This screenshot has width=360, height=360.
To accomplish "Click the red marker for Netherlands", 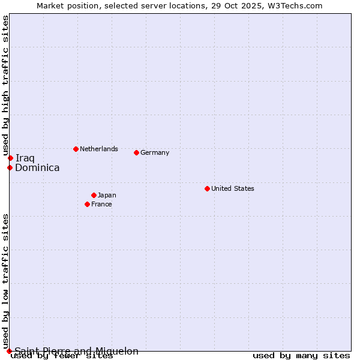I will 76,149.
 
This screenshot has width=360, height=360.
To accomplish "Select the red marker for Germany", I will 136,152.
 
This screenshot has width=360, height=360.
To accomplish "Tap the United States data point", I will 207,188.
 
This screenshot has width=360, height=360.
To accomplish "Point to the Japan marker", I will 94,195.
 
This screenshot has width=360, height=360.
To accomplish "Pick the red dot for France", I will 87,204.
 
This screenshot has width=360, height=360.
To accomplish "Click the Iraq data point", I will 10,158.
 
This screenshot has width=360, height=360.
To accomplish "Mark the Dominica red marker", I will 10,167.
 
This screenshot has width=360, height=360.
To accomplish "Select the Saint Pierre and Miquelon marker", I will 9,351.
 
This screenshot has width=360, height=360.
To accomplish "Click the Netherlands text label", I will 98,149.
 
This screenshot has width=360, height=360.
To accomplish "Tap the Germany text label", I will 155,152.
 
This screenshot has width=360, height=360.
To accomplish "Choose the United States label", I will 232,188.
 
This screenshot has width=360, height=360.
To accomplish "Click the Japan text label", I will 107,195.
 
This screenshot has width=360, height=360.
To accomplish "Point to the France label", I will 101,204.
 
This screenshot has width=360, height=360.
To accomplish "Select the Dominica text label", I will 37,168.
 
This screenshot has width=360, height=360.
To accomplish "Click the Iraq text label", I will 25,158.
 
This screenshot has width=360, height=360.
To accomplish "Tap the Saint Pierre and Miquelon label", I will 77,351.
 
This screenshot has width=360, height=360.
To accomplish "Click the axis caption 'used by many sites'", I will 301,356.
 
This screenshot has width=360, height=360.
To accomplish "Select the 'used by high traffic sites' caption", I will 5,86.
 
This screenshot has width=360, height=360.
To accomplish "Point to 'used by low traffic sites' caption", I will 5,281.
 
